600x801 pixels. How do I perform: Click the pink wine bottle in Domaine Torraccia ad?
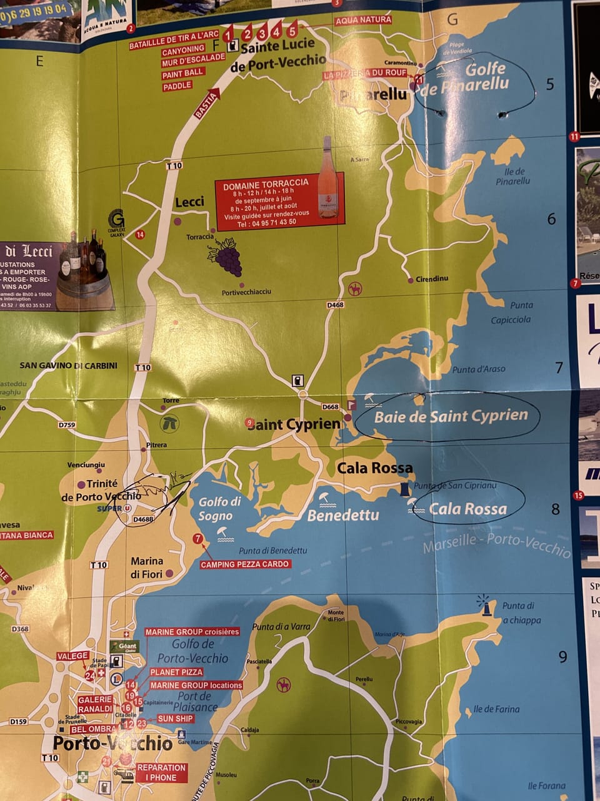327,178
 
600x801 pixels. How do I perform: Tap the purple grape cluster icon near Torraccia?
226,257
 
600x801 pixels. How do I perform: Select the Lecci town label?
189,202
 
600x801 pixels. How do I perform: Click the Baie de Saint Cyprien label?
451,416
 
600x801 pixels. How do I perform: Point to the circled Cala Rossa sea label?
467,509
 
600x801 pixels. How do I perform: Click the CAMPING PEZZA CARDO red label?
245,564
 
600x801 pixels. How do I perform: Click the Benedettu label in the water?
343,515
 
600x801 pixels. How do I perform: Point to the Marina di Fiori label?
146,567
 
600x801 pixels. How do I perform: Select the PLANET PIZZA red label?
176,671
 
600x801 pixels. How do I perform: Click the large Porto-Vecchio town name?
112,743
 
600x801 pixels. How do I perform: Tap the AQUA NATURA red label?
363,20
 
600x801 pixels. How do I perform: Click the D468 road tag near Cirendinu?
335,305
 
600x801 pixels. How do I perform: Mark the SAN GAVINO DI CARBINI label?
68,365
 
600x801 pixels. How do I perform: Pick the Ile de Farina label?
496,709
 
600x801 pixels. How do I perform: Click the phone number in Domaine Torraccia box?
266,222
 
